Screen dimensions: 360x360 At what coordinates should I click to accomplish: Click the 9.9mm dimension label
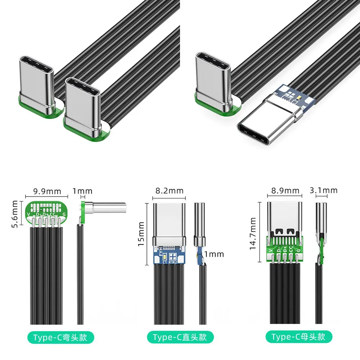click(47, 191)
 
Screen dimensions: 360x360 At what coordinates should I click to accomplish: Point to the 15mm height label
click(141, 234)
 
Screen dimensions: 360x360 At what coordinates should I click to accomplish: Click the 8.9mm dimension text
click(285, 190)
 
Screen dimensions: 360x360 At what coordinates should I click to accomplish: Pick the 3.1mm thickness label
click(324, 190)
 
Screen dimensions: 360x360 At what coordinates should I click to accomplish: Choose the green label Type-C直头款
click(180, 337)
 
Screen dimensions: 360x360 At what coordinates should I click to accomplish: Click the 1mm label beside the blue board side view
click(214, 254)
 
